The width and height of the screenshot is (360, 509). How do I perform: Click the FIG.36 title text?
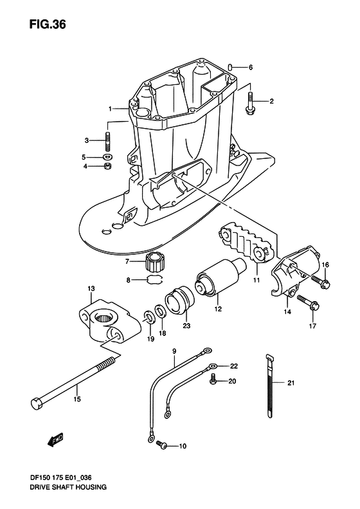click(x=48, y=24)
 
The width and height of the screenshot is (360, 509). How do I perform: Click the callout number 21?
click(x=291, y=383)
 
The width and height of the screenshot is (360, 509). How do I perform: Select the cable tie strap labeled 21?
click(x=270, y=385)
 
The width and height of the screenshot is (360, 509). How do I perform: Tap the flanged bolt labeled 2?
click(x=250, y=104)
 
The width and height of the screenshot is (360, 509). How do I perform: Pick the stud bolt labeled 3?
click(x=108, y=141)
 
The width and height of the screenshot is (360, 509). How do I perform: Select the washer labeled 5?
click(x=107, y=157)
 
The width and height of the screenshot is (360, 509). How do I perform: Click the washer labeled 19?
click(x=148, y=317)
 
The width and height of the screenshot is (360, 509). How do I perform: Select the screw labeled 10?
click(x=161, y=445)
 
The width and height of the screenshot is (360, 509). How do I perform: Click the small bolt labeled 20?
click(x=213, y=378)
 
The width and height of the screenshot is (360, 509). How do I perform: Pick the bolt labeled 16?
click(x=321, y=281)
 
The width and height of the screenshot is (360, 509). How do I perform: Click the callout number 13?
click(x=91, y=288)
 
